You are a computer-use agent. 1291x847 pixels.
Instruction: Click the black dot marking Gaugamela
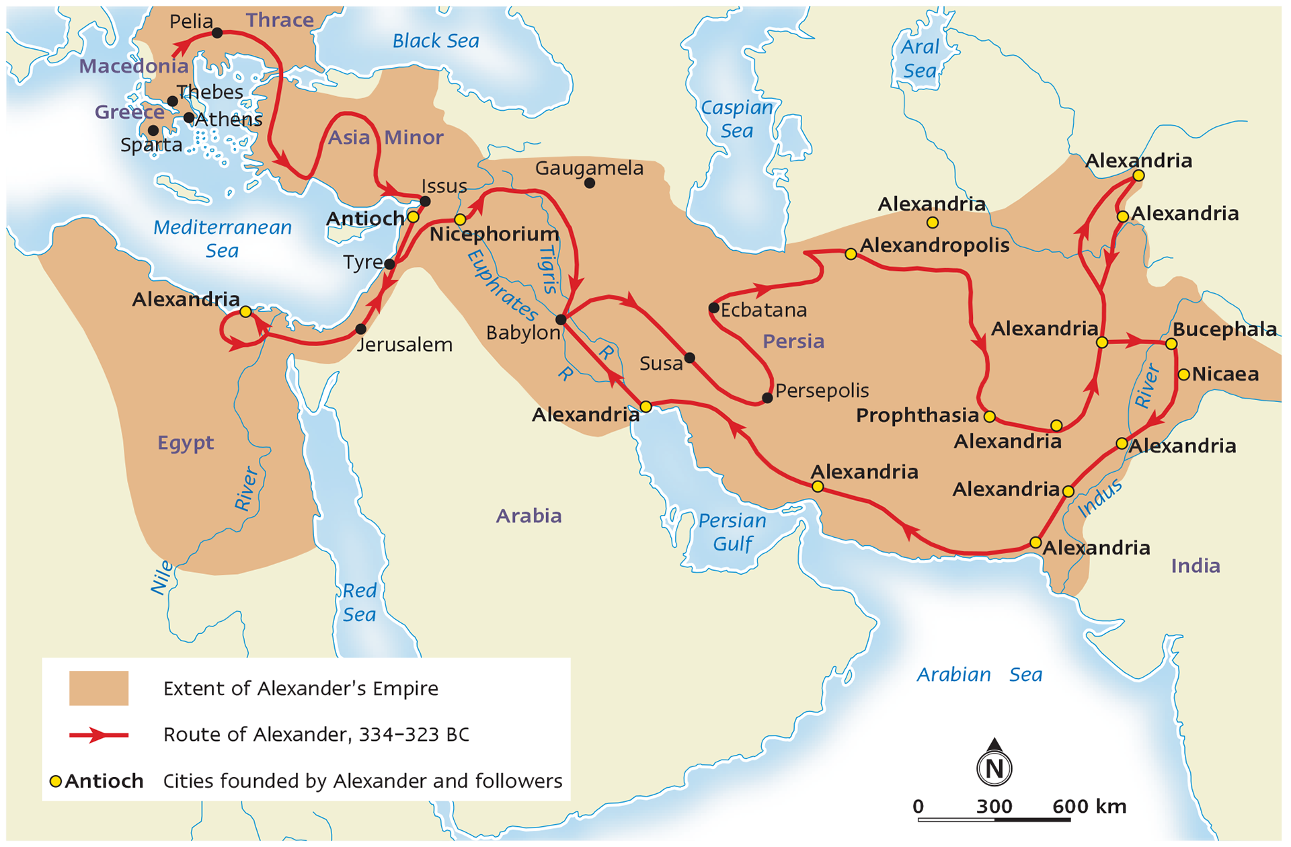tap(590, 183)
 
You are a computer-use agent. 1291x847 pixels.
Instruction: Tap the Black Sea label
tap(436, 41)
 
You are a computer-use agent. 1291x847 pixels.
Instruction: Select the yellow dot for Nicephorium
tap(460, 220)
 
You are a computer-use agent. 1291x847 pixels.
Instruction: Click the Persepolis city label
tap(822, 391)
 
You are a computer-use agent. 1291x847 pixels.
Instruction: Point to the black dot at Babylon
tap(561, 319)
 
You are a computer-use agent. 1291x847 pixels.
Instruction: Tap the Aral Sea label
tap(919, 58)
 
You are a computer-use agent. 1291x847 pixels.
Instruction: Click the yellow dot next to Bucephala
tap(1171, 344)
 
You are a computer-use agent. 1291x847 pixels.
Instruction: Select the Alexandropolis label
tap(935, 245)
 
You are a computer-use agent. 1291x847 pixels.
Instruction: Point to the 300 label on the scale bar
tap(994, 806)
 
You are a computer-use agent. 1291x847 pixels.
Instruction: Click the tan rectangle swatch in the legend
tap(99, 688)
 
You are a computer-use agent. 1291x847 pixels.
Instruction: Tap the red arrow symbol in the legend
tap(99, 735)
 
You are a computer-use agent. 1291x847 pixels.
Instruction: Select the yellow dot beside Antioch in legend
tap(56, 781)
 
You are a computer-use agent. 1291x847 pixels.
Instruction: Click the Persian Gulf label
tap(732, 532)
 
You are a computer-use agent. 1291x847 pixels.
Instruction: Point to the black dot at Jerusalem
tap(361, 329)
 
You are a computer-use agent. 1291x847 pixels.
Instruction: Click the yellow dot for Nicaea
tap(1184, 374)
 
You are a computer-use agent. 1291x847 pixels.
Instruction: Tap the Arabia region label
tap(529, 516)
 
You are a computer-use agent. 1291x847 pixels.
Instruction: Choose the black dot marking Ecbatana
tap(714, 309)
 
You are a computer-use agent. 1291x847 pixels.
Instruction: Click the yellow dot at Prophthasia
tap(989, 417)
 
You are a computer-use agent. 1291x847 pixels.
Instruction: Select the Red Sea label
tap(359, 602)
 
